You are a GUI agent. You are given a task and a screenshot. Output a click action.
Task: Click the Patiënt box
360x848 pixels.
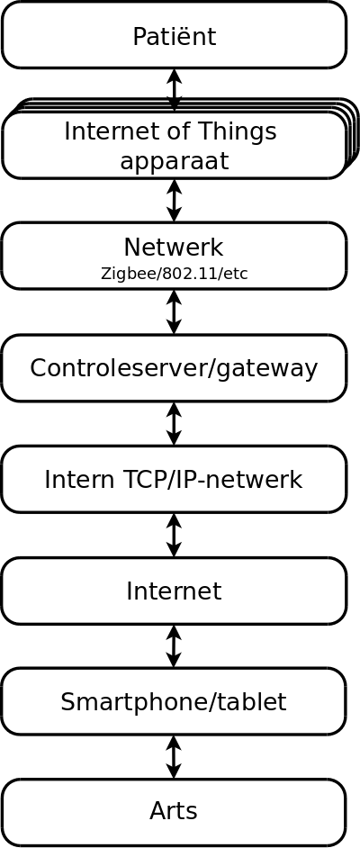(x=174, y=35)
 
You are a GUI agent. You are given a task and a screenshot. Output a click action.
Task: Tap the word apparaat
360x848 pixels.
(x=174, y=160)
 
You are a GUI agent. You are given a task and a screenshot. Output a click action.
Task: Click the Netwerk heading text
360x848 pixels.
(x=174, y=248)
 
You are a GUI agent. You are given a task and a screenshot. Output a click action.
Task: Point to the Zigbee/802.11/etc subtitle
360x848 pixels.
(x=174, y=274)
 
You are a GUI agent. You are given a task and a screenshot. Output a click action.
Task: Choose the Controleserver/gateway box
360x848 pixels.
(x=174, y=368)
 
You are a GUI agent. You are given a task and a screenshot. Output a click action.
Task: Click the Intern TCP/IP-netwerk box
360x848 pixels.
(x=174, y=479)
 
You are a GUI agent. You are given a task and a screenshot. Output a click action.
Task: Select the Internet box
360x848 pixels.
(x=174, y=591)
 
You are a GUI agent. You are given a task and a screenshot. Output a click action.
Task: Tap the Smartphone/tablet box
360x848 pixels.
(x=174, y=701)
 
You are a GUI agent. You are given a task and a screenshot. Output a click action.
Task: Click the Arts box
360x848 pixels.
(x=174, y=812)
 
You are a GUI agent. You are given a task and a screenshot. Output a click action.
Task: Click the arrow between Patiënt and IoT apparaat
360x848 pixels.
(x=174, y=90)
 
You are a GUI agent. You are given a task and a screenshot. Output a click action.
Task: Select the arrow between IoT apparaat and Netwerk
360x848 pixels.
(x=174, y=201)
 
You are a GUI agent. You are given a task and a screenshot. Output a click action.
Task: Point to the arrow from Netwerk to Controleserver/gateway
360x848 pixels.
(x=174, y=312)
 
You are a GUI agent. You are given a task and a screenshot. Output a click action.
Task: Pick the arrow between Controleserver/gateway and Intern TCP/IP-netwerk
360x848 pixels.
(x=174, y=423)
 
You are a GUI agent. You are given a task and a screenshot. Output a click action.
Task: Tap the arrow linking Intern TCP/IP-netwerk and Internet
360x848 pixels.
(x=174, y=535)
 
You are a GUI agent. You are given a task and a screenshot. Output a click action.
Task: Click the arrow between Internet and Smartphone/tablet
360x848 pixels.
(x=174, y=646)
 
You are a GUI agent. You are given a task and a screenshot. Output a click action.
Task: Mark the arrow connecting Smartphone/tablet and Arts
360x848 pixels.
(x=174, y=757)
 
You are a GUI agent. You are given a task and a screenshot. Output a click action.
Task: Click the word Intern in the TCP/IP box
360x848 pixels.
(x=68, y=480)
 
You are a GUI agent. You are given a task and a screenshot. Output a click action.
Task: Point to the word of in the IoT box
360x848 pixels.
(x=166, y=131)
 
